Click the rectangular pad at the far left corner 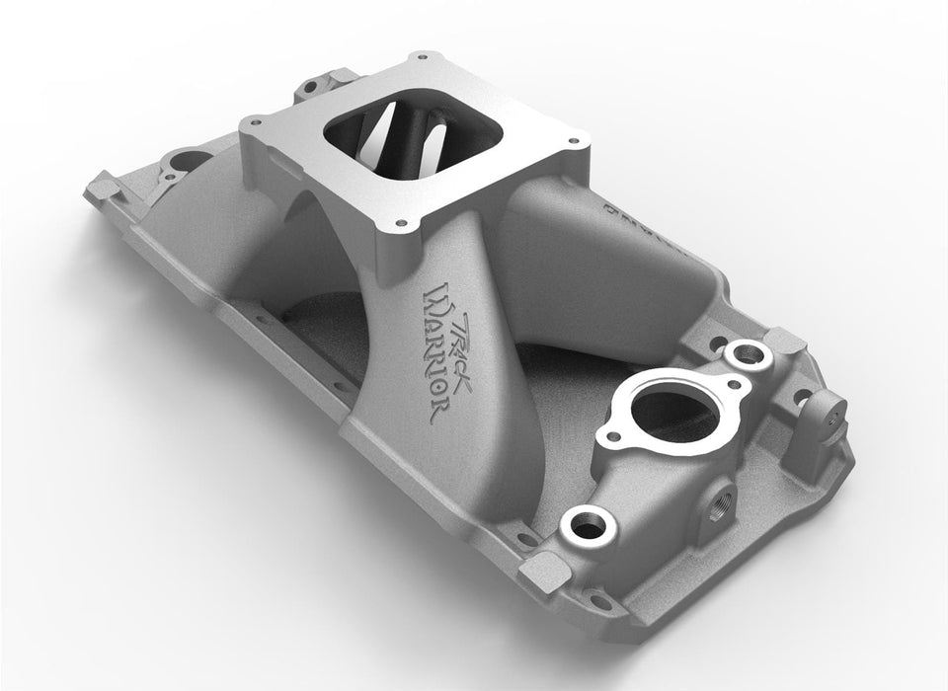coord(103,183)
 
